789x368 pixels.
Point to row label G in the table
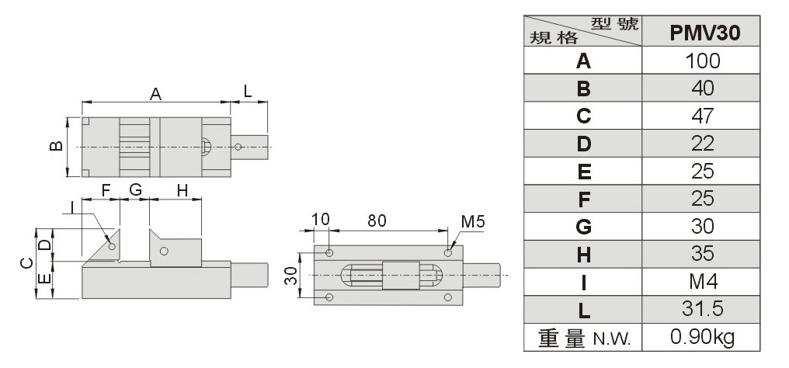coord(584,227)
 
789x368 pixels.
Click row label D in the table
coord(584,144)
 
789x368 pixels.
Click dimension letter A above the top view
coord(155,94)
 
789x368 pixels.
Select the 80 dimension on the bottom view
coord(377,220)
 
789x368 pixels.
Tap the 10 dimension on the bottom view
coord(321,220)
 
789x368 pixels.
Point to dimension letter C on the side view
coord(25,263)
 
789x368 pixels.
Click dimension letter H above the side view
coord(182,189)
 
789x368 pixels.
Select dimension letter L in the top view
coord(248,90)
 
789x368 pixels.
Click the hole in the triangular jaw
coord(113,246)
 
